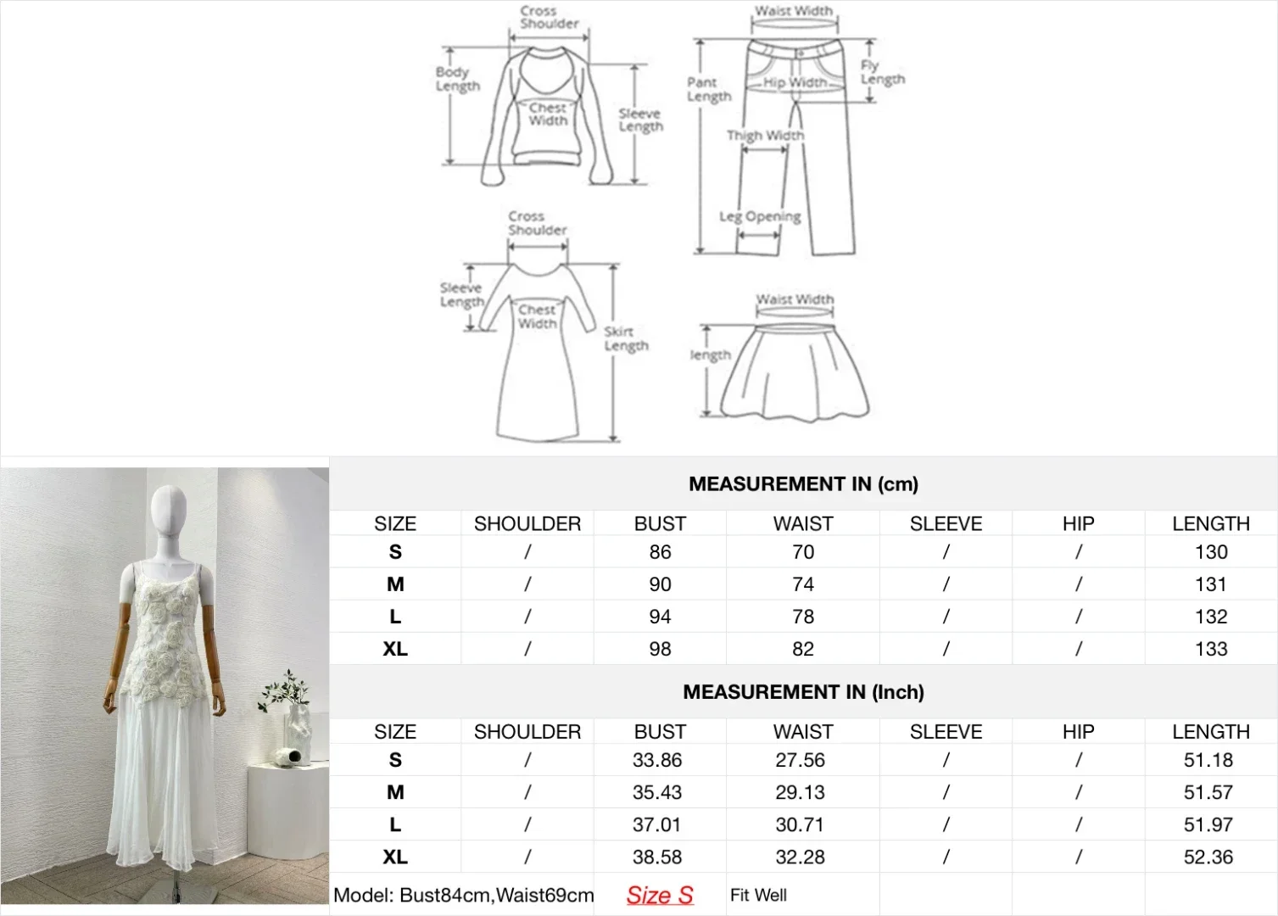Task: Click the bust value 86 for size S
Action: click(660, 552)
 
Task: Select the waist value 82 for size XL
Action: click(802, 649)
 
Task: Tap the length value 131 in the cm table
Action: click(1210, 584)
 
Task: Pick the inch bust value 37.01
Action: click(657, 824)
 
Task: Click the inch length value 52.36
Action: click(1208, 857)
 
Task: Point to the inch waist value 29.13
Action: click(800, 792)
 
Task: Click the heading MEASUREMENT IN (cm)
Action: click(803, 484)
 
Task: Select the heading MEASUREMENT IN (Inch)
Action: click(803, 692)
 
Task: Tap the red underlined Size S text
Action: click(660, 895)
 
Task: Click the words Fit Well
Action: click(758, 895)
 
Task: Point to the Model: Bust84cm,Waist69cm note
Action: click(463, 895)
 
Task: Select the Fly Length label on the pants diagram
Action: click(882, 72)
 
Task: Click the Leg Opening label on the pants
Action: click(760, 216)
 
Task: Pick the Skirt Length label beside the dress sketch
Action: click(626, 338)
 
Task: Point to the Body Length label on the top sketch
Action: click(457, 79)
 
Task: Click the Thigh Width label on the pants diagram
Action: click(765, 135)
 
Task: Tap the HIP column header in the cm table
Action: click(1078, 523)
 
